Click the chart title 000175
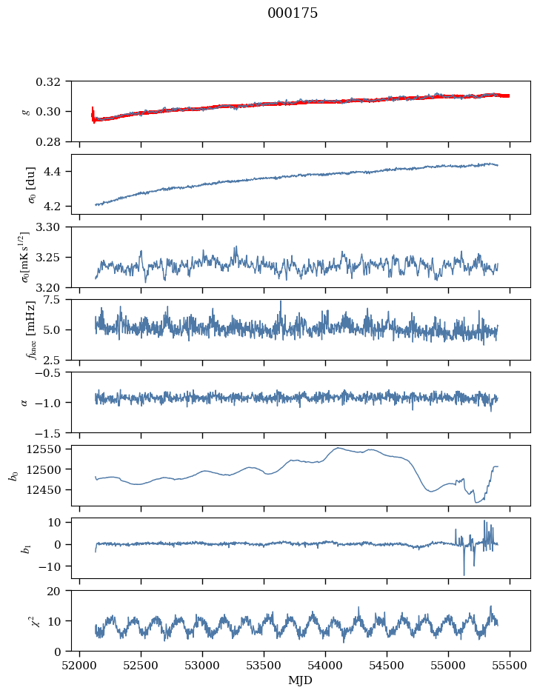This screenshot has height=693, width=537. coord(293,13)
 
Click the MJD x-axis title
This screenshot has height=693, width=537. coord(300,680)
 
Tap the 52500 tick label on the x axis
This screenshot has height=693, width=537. coord(141,666)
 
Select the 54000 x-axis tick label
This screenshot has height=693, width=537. coord(325,666)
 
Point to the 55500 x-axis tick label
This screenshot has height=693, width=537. coord(510,666)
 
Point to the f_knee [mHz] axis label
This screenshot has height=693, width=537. coord(31,329)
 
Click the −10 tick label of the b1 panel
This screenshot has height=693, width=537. coord(51,566)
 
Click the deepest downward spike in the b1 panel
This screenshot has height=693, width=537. coord(464,575)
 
